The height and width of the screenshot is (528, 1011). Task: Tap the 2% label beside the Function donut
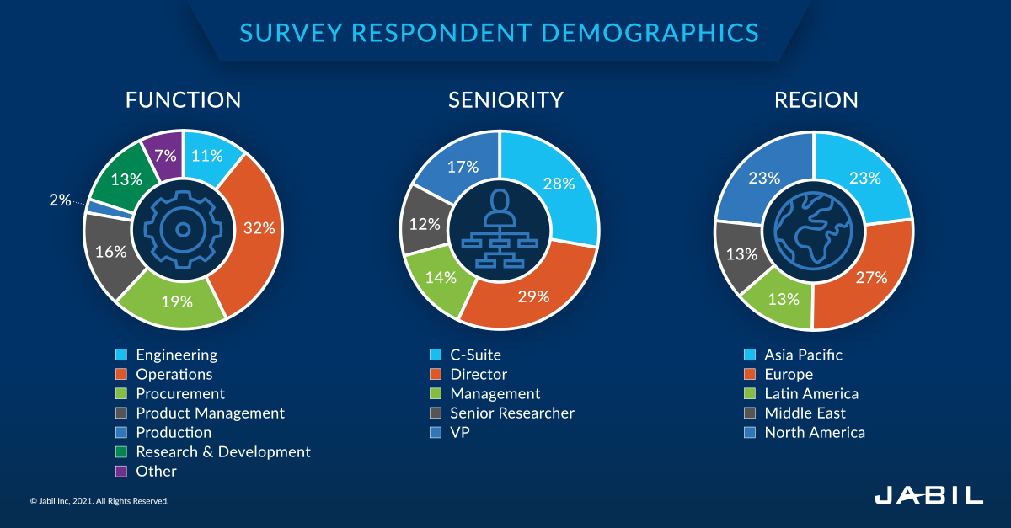tap(59, 200)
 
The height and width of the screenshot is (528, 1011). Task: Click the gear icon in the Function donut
tap(183, 229)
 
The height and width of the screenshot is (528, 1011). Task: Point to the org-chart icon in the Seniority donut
tap(499, 229)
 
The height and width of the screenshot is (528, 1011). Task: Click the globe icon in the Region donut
tap(814, 229)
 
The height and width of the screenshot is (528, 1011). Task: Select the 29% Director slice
tap(532, 296)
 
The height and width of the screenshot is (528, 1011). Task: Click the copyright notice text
tap(99, 501)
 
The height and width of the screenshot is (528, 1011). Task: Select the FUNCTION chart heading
tap(183, 100)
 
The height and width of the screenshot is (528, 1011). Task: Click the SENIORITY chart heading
tap(505, 100)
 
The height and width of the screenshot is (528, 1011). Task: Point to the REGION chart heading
tap(816, 100)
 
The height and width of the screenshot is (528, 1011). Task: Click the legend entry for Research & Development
tap(222, 452)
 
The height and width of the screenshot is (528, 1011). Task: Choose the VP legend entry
tap(460, 433)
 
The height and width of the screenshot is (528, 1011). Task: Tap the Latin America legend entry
tap(810, 394)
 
